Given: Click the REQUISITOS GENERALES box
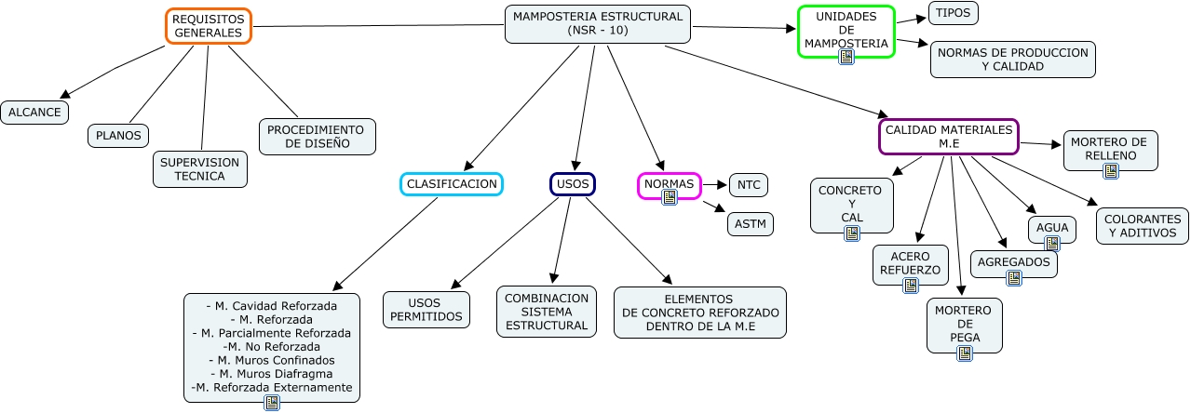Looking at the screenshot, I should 210,26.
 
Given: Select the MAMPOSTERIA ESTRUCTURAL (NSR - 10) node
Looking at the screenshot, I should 598,24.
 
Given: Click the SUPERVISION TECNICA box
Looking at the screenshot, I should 200,169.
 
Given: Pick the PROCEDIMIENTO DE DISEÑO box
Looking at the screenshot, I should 317,137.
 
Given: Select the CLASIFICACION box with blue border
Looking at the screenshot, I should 452,184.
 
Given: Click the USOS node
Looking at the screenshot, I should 572,184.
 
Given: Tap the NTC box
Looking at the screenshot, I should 749,185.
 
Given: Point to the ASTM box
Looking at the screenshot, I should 751,224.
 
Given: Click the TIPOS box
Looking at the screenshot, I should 954,13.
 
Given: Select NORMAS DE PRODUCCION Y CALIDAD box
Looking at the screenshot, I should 1012,60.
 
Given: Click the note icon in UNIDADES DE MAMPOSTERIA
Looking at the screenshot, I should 846,57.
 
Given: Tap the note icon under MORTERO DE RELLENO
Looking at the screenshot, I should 1110,170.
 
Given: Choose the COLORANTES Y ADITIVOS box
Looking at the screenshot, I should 1143,226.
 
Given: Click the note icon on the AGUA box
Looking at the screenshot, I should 1052,244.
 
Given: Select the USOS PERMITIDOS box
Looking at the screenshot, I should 426,310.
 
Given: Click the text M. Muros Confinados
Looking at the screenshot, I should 271,360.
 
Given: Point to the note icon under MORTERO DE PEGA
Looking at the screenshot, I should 965,353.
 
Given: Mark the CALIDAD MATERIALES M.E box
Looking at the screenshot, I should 948,137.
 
